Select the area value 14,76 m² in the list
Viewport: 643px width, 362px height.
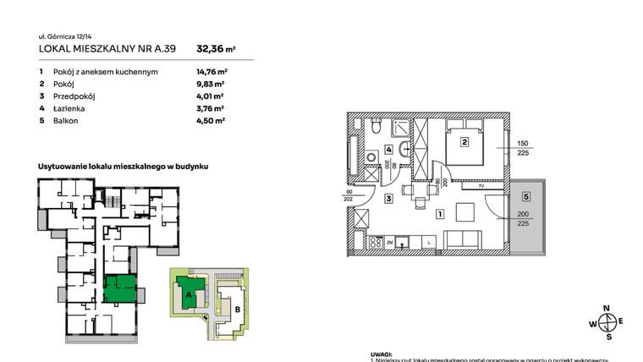pos(212,73)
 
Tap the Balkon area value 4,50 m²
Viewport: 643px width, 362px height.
pos(210,120)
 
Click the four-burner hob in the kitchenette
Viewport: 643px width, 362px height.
pos(371,242)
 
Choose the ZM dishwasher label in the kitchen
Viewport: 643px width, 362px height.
pos(390,242)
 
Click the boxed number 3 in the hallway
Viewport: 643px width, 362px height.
pos(388,199)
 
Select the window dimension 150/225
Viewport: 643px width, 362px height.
pos(523,147)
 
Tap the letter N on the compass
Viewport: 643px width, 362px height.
pos(606,308)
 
